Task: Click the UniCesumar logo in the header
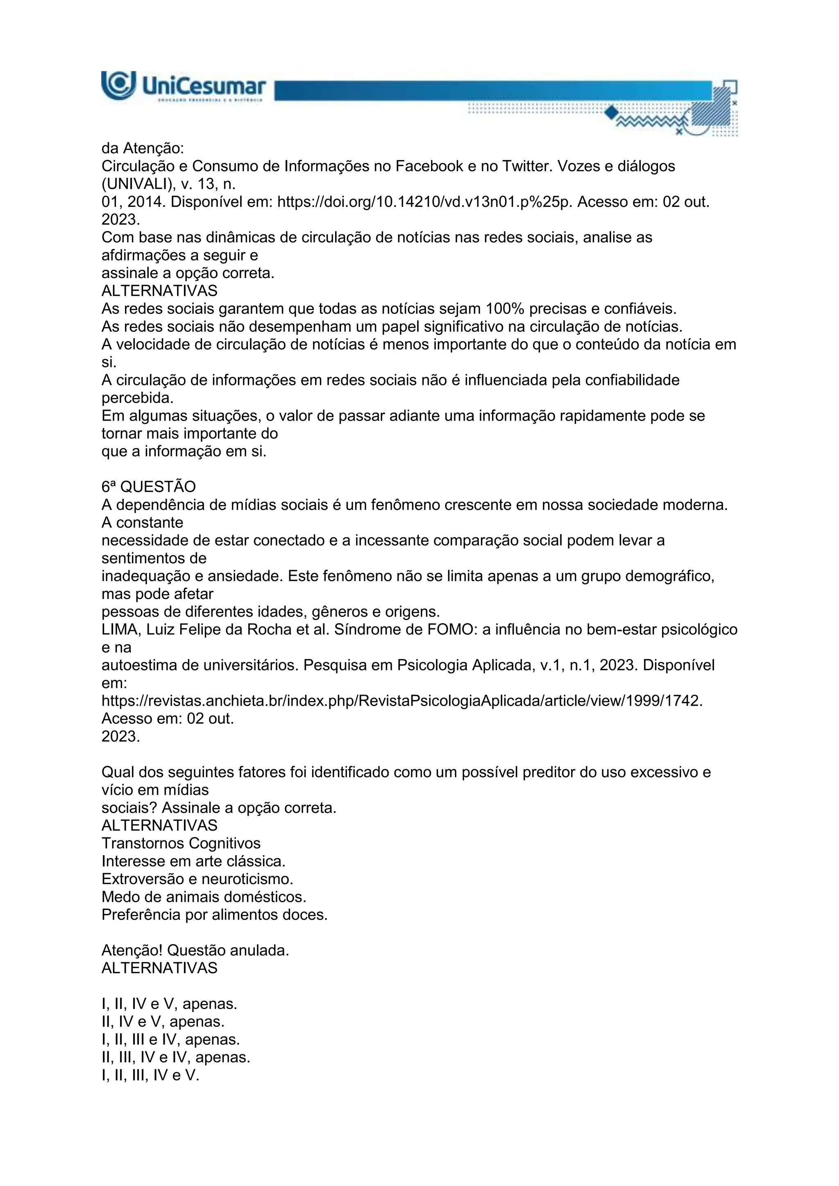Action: point(184,86)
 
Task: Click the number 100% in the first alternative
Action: point(505,309)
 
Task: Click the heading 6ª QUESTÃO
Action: point(149,487)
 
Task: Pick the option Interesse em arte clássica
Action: point(193,862)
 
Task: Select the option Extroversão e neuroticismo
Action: point(197,879)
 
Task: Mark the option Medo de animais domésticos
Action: point(204,897)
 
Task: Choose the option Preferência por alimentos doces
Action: point(214,915)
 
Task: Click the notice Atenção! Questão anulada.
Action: point(195,951)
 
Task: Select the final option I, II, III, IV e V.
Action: point(150,1075)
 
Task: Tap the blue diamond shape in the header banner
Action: point(612,112)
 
